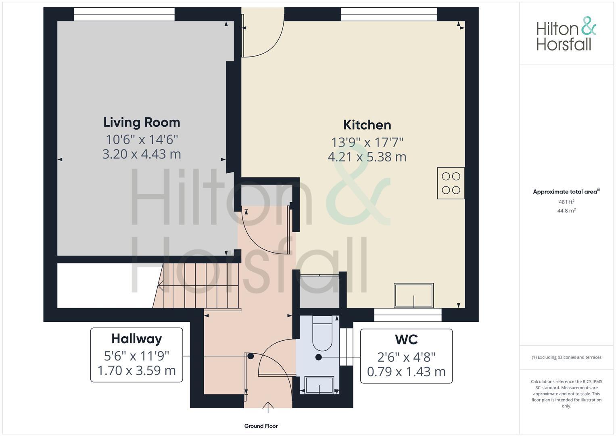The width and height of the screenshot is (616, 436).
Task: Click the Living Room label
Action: [x=142, y=122]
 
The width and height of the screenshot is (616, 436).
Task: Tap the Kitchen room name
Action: [x=367, y=125]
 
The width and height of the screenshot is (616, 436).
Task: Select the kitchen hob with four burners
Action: [x=451, y=183]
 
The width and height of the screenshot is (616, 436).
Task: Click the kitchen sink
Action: [x=414, y=295]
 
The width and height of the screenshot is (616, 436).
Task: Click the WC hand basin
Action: [x=319, y=385]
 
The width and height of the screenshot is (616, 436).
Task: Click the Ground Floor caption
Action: [x=261, y=426]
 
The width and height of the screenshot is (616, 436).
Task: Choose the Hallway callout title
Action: [x=136, y=339]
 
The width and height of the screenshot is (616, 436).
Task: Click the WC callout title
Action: [x=406, y=340]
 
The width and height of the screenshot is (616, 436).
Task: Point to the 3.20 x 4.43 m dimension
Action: [x=142, y=154]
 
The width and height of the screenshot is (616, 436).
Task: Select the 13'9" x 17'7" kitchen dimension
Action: [x=367, y=142]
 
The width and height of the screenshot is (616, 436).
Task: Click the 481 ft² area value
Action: [x=566, y=202]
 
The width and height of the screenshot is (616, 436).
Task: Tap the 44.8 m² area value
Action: [x=566, y=210]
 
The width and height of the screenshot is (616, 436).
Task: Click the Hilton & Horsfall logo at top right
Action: [x=566, y=34]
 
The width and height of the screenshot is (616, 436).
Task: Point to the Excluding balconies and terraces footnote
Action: [x=566, y=357]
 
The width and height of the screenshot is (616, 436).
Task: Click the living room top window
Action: [x=124, y=14]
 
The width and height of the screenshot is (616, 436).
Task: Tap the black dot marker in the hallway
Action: [x=251, y=356]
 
